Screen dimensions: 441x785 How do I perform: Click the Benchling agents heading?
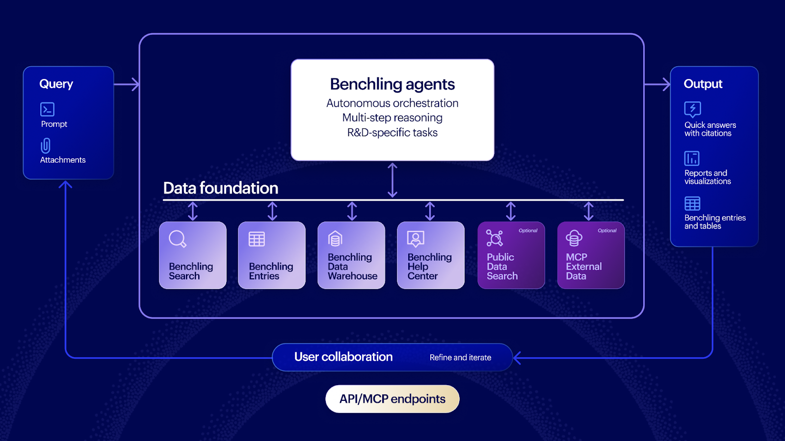pyautogui.click(x=392, y=84)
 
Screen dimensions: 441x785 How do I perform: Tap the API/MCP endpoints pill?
pyautogui.click(x=392, y=399)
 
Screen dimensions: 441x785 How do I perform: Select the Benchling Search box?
pyautogui.click(x=193, y=255)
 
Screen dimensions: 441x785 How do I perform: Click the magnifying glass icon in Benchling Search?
pyautogui.click(x=177, y=239)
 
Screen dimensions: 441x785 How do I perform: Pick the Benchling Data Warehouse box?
pyautogui.click(x=351, y=255)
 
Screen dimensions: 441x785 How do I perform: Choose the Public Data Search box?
pyautogui.click(x=511, y=255)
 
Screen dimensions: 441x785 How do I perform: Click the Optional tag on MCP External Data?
pyautogui.click(x=607, y=230)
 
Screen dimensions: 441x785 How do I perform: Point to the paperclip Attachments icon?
pyautogui.click(x=46, y=146)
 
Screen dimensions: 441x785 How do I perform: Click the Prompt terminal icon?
pyautogui.click(x=47, y=109)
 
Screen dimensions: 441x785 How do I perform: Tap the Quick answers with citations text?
pyautogui.click(x=710, y=129)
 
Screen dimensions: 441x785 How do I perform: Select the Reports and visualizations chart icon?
pyautogui.click(x=692, y=158)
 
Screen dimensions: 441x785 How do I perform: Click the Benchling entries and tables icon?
pyautogui.click(x=692, y=203)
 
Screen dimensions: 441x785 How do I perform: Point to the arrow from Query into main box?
pyautogui.click(x=128, y=84)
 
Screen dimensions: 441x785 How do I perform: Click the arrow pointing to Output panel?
pyautogui.click(x=658, y=84)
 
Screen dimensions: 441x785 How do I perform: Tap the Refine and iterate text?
pyautogui.click(x=460, y=358)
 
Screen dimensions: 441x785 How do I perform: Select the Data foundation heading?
pyautogui.click(x=220, y=188)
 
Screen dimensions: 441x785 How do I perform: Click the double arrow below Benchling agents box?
pyautogui.click(x=392, y=180)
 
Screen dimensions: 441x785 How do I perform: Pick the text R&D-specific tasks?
pyautogui.click(x=392, y=132)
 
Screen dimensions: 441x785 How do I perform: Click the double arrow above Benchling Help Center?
pyautogui.click(x=430, y=211)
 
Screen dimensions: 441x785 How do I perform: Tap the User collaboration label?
pyautogui.click(x=343, y=357)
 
